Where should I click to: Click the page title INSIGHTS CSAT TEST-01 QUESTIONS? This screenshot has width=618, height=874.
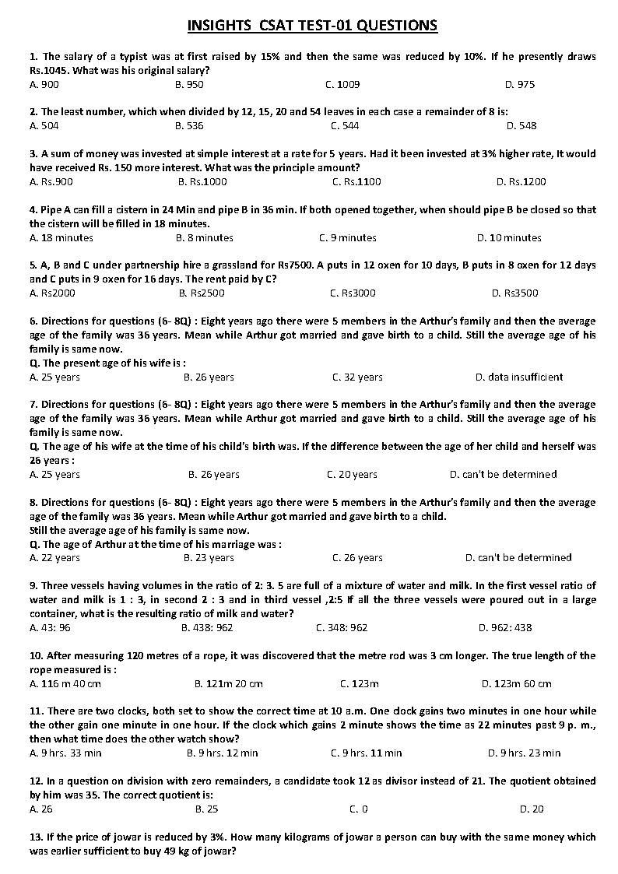pyautogui.click(x=312, y=26)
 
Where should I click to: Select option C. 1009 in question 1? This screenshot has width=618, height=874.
pyautogui.click(x=342, y=84)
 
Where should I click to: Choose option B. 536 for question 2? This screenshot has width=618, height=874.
pyautogui.click(x=189, y=125)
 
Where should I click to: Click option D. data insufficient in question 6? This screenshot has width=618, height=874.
pyautogui.click(x=519, y=377)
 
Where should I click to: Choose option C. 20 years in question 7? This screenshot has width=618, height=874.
pyautogui.click(x=352, y=474)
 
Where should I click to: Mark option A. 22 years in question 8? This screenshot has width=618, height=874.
pyautogui.click(x=54, y=557)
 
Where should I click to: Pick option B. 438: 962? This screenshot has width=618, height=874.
pyautogui.click(x=207, y=627)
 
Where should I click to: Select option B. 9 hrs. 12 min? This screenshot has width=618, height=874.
pyautogui.click(x=222, y=753)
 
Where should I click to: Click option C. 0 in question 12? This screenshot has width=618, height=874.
pyautogui.click(x=359, y=809)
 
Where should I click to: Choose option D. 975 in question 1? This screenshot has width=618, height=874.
pyautogui.click(x=520, y=84)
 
